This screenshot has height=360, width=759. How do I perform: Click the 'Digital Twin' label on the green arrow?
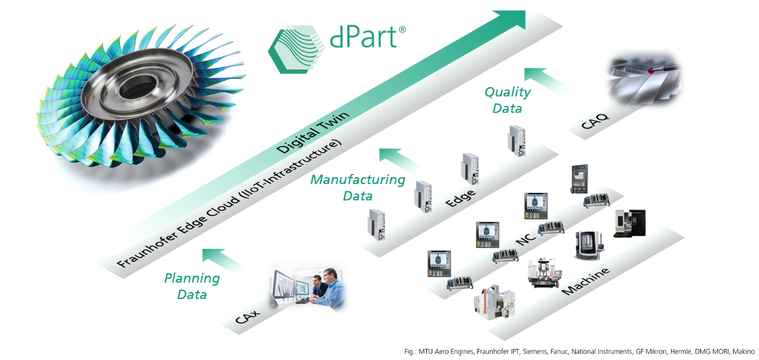click(313, 132)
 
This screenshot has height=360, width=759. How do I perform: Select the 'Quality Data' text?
click(507, 100)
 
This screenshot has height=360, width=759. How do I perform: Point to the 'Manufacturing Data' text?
click(358, 188)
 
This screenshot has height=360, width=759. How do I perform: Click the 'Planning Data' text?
click(192, 286)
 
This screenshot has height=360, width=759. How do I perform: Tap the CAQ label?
click(595, 121)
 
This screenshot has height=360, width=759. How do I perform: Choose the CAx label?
click(247, 317)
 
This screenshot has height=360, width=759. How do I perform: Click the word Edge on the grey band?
click(460, 198)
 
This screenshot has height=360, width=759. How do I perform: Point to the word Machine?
click(586, 281)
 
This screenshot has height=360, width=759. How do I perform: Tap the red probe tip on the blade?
click(651, 71)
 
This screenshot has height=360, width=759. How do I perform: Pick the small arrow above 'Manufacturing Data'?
click(400, 160)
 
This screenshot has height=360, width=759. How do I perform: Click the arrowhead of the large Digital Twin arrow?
click(512, 18)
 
